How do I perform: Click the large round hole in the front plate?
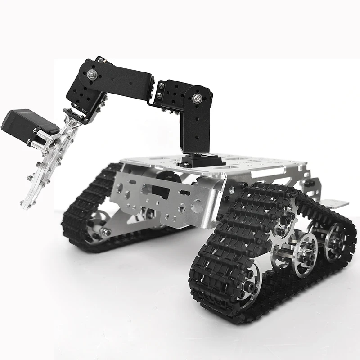(x=197, y=207)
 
